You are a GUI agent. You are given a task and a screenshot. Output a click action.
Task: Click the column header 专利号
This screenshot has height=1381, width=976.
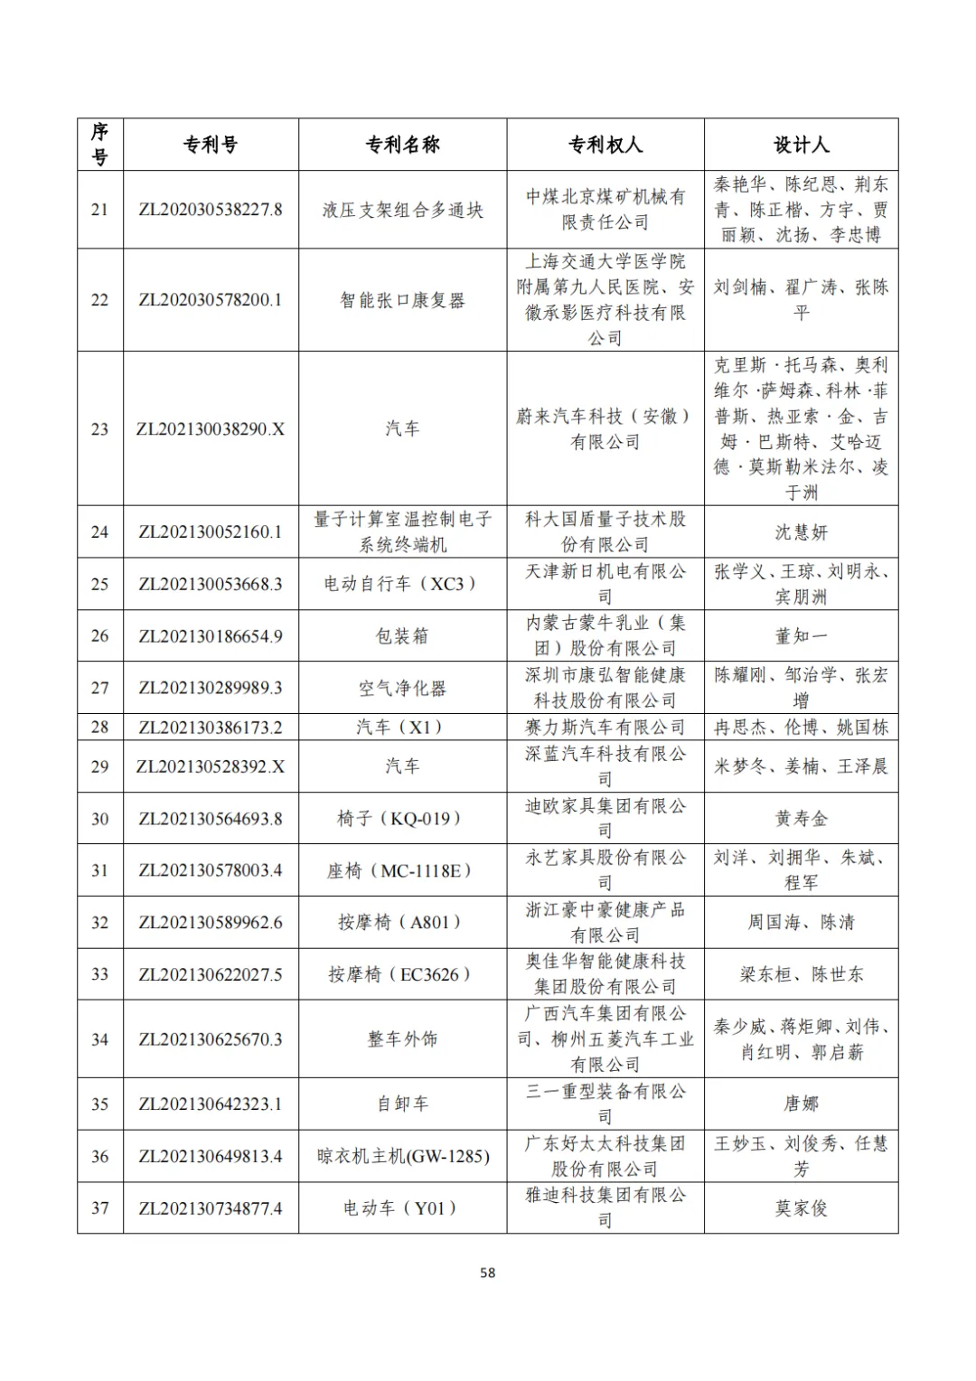pyautogui.click(x=211, y=145)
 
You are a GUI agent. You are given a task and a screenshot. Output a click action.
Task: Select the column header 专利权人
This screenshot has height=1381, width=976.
pyautogui.click(x=605, y=145)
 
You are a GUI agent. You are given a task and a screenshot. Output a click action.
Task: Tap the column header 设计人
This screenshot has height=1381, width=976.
pyautogui.click(x=801, y=145)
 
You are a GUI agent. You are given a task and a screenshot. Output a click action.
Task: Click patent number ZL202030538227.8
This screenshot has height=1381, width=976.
pyautogui.click(x=211, y=210)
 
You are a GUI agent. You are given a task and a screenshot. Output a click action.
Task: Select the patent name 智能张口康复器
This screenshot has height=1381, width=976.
pyautogui.click(x=402, y=300)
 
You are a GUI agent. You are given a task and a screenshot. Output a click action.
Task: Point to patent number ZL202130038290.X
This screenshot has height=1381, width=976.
pyautogui.click(x=211, y=429)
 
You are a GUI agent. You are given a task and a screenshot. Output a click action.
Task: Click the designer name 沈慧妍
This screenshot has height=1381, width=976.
pyautogui.click(x=801, y=532)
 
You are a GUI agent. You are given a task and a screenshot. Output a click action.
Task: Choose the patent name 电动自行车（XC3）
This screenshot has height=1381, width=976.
pyautogui.click(x=402, y=584)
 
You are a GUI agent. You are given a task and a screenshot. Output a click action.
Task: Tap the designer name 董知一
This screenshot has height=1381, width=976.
pyautogui.click(x=801, y=636)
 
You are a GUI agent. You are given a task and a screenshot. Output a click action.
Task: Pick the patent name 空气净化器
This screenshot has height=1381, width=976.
pyautogui.click(x=402, y=689)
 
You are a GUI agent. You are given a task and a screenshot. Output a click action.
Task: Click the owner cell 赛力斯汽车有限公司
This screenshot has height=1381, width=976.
pyautogui.click(x=605, y=728)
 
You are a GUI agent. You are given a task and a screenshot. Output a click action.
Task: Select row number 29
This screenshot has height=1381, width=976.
pyautogui.click(x=100, y=766)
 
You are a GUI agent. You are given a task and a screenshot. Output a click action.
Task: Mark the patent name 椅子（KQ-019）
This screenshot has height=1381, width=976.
pyautogui.click(x=402, y=819)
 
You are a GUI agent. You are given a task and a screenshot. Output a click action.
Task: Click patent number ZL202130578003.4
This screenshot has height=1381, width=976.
pyautogui.click(x=211, y=870)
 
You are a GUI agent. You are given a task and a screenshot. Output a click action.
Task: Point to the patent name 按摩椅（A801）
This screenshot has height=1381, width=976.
pyautogui.click(x=402, y=923)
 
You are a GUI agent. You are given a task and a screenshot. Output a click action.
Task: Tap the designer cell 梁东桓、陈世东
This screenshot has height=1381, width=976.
pyautogui.click(x=801, y=974)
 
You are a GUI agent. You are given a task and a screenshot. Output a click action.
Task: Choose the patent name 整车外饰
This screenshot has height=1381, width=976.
pyautogui.click(x=402, y=1039)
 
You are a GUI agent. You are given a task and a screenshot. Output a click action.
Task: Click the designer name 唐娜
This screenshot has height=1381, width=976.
pyautogui.click(x=801, y=1104)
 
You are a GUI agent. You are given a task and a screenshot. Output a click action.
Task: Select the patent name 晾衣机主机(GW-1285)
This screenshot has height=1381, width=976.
pyautogui.click(x=402, y=1156)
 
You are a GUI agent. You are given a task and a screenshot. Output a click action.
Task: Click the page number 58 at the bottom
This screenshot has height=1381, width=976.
pyautogui.click(x=488, y=1273)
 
